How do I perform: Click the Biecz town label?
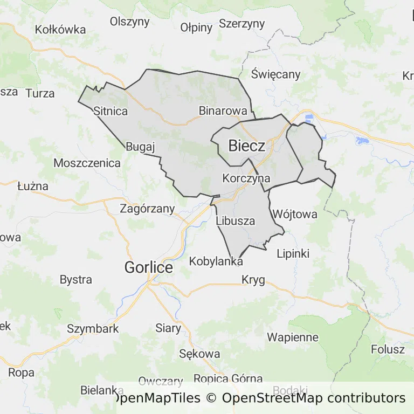pos(246,146)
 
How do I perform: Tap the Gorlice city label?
pos(148,267)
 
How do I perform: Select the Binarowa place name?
pos(223,111)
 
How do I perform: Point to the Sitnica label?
pos(111,112)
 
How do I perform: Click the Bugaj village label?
pos(140,147)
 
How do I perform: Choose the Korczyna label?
pos(246,178)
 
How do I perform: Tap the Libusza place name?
pos(235,220)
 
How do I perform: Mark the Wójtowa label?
pos(294,214)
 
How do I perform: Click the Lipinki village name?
pos(293,253)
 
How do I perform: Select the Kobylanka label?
pos(216,261)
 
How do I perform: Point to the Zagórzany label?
pos(147,208)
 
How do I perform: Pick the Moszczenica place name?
pos(87,163)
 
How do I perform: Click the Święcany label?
pos(276,74)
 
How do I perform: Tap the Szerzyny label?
pos(242,24)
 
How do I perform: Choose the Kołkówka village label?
pos(60,30)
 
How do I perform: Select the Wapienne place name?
pos(293,337)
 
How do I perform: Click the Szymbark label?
pos(93,328)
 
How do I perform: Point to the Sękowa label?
pos(199,354)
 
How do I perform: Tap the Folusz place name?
pos(388,349)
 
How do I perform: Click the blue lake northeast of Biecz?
pos(309,118)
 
